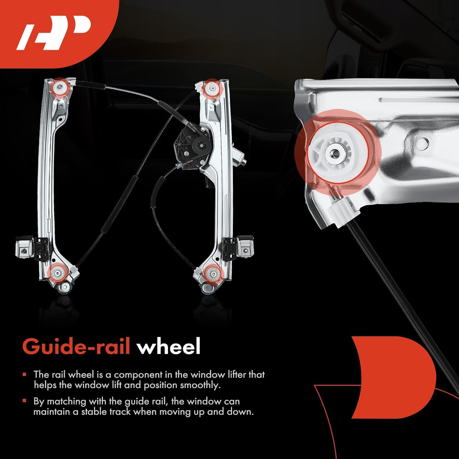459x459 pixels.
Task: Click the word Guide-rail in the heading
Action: point(76,346)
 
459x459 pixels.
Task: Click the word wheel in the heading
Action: point(169,346)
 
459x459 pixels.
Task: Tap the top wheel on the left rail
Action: point(59,87)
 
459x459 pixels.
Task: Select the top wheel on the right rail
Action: point(211,88)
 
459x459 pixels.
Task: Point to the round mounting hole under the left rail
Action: point(65,287)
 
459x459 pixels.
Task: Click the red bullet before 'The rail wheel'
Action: point(25,374)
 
